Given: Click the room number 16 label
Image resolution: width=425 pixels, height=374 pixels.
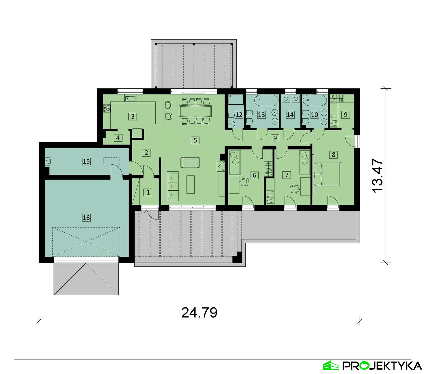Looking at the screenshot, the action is pyautogui.click(x=86, y=218).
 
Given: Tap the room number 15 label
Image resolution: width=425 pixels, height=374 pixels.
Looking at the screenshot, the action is pyautogui.click(x=86, y=161).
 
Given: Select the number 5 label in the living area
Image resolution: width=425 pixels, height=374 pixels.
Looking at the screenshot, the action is pyautogui.click(x=195, y=140).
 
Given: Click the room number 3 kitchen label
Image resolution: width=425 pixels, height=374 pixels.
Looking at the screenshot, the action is pyautogui.click(x=133, y=116).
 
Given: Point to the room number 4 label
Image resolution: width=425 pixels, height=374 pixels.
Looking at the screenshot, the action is pyautogui.click(x=118, y=138).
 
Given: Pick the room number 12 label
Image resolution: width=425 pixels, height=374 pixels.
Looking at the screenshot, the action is pyautogui.click(x=239, y=115).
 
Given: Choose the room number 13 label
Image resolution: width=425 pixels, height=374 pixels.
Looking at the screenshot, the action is pyautogui.click(x=262, y=115).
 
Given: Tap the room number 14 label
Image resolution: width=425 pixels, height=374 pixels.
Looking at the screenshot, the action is pyautogui.click(x=290, y=115).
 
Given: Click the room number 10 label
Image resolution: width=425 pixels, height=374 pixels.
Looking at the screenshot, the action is pyautogui.click(x=314, y=115).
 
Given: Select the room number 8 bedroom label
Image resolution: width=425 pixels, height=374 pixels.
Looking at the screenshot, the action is pyautogui.click(x=333, y=155).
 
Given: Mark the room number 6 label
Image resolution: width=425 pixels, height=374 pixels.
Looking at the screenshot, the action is pyautogui.click(x=254, y=175).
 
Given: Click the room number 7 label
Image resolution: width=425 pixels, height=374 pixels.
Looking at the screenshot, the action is pyautogui.click(x=287, y=175).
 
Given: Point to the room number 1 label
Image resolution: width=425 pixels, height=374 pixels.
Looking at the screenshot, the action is pyautogui.click(x=148, y=192).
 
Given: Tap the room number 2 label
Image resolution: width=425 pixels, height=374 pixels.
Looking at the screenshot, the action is pyautogui.click(x=146, y=152).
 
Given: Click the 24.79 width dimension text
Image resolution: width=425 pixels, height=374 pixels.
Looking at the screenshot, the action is pyautogui.click(x=199, y=313).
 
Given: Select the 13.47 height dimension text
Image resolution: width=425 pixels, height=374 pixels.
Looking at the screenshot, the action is pyautogui.click(x=377, y=175).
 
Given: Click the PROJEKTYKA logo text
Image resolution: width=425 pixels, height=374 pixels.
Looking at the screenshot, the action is pyautogui.click(x=382, y=365).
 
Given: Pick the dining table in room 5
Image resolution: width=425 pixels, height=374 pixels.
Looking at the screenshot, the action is pyautogui.click(x=195, y=111).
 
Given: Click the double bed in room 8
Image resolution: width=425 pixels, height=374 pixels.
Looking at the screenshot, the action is pyautogui.click(x=327, y=174).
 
